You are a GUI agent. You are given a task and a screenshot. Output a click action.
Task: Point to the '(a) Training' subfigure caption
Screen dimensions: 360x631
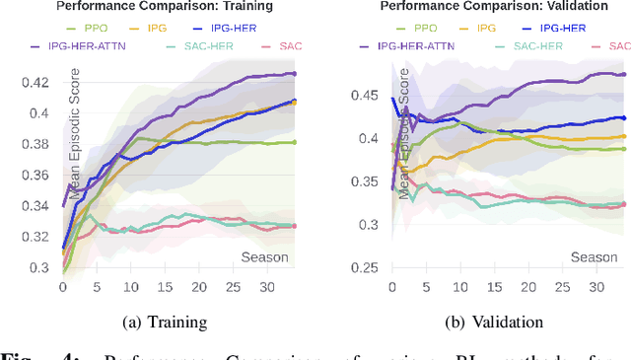click(x=166, y=322)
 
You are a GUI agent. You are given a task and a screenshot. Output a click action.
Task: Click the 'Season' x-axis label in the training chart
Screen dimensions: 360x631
click(x=265, y=257)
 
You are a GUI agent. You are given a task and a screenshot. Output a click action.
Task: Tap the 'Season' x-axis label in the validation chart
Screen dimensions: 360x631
click(x=595, y=257)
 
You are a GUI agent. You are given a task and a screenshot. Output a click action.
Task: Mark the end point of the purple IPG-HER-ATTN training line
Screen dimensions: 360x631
click(x=294, y=74)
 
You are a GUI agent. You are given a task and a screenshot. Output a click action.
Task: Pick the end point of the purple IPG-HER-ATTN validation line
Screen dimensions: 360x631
click(x=624, y=74)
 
